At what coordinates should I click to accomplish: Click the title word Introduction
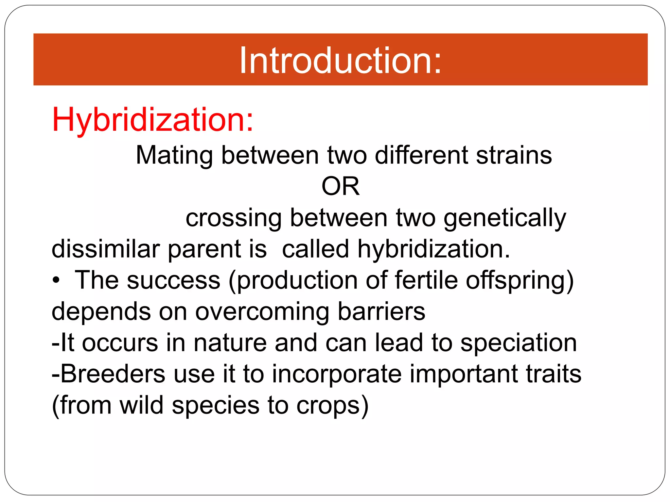340,61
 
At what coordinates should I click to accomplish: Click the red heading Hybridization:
152,120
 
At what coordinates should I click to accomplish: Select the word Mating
174,156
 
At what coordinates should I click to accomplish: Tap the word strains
514,155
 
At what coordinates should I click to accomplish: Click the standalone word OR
341,186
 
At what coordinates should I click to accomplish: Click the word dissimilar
105,249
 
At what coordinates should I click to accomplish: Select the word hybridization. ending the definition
433,249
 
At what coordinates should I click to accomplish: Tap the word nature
230,343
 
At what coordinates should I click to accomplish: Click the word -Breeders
109,374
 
